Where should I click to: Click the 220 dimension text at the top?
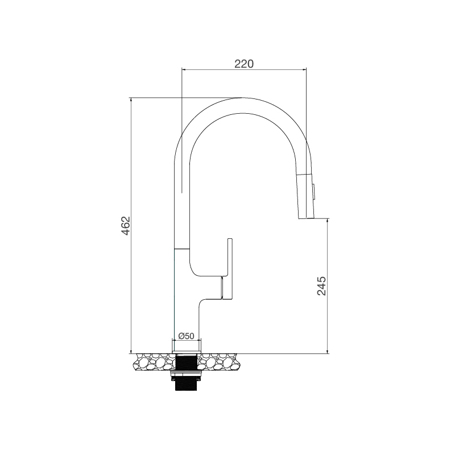coord(243,64)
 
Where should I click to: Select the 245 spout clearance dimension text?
coord(321,286)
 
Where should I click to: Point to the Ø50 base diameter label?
coord(187,336)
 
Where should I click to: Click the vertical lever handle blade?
coord(230,267)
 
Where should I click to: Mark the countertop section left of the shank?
coord(154,362)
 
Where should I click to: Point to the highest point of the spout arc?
coord(243,97)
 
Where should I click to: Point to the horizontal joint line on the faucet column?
coord(181,248)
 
